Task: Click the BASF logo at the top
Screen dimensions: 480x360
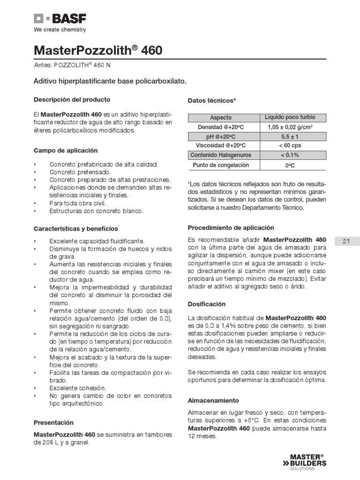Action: pyautogui.click(x=60, y=19)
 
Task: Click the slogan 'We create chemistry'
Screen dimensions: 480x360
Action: pyautogui.click(x=60, y=30)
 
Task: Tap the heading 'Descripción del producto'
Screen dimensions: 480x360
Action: pyautogui.click(x=72, y=100)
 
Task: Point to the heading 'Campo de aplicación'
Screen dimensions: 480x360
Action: pyautogui.click(x=66, y=151)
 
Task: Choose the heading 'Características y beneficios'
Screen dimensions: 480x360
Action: pyautogui.click(x=76, y=229)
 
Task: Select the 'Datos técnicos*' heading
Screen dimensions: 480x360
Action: pyautogui.click(x=212, y=101)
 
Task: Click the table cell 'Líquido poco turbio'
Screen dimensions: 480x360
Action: pyautogui.click(x=290, y=117)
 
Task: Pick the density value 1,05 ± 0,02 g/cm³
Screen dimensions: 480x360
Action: pyautogui.click(x=290, y=127)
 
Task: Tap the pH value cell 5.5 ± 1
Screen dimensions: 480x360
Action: pyautogui.click(x=290, y=136)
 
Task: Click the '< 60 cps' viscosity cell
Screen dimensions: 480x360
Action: pyautogui.click(x=290, y=146)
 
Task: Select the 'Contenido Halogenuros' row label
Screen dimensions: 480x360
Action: pyautogui.click(x=221, y=155)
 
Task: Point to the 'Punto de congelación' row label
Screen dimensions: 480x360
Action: pyautogui.click(x=221, y=165)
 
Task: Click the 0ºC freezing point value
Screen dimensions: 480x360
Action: pyautogui.click(x=290, y=165)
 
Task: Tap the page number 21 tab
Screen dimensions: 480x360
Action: pyautogui.click(x=347, y=241)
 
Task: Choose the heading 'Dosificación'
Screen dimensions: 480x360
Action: pyautogui.click(x=207, y=304)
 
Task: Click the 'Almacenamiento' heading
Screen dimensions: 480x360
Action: pyautogui.click(x=213, y=401)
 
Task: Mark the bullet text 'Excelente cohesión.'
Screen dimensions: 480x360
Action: pyautogui.click(x=78, y=388)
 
